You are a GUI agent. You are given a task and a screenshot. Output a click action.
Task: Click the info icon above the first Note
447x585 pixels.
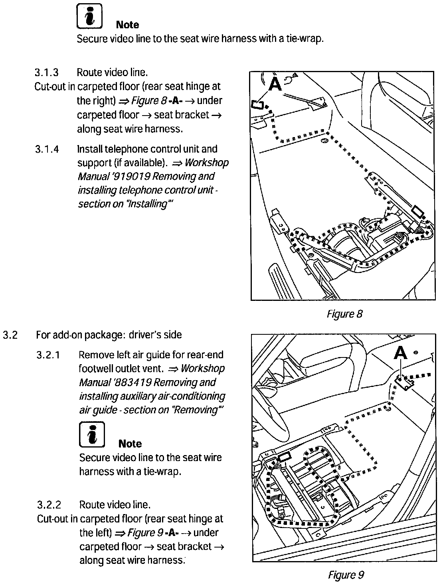tap(89, 16)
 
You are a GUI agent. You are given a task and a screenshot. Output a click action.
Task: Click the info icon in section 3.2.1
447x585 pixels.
tap(92, 434)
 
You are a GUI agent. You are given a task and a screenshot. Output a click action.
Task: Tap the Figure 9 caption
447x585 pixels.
tap(346, 575)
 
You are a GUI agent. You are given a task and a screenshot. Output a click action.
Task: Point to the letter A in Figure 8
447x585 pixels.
tap(275, 84)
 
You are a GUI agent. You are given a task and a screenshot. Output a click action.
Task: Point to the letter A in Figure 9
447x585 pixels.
tap(400, 353)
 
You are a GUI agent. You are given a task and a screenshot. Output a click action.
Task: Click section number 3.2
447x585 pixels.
tap(10, 335)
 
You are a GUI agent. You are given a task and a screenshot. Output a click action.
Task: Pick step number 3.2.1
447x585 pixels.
tap(49, 355)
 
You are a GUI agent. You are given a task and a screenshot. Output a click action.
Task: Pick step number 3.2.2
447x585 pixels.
tap(49, 505)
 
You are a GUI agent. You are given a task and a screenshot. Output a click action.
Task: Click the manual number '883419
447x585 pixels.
tap(132, 383)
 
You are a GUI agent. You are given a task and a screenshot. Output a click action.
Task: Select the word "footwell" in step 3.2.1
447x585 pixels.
tap(95, 369)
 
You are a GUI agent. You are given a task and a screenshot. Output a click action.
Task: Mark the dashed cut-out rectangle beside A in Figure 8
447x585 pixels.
tap(258, 105)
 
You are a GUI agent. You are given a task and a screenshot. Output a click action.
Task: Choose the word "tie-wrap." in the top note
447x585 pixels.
tap(305, 39)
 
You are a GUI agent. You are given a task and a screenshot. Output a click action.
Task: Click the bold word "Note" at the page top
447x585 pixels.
tap(127, 25)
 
